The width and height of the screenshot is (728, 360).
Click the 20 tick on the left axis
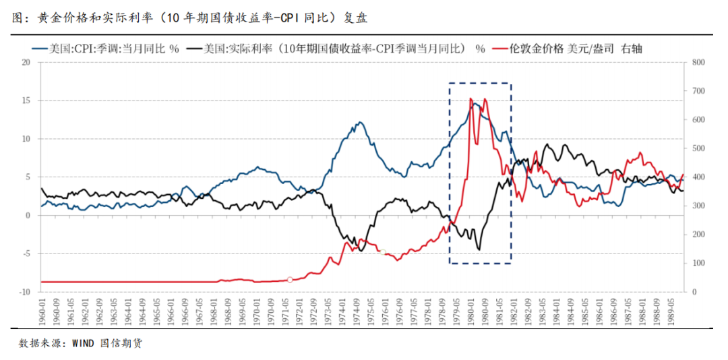point(26,62)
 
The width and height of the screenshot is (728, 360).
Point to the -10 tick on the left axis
point(24,292)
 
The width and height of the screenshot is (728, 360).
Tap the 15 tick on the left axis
point(26,100)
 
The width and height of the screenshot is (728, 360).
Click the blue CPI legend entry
point(115,48)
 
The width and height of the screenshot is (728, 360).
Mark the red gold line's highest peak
point(471,98)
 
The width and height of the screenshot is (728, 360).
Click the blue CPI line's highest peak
point(474,103)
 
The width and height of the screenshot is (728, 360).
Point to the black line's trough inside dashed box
point(479,249)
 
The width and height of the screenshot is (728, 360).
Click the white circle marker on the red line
point(290,279)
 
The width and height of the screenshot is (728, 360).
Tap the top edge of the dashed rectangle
point(480,84)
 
